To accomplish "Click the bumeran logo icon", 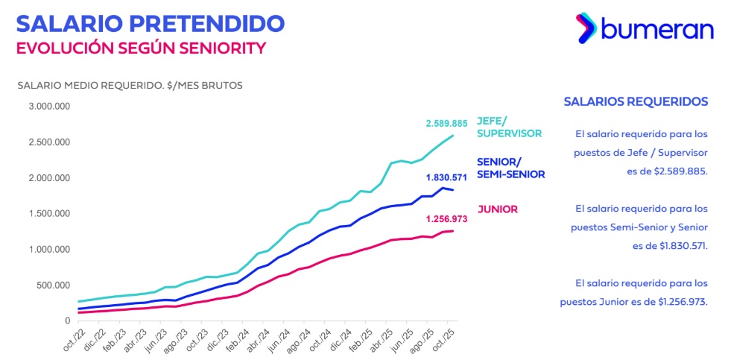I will [x=586, y=29].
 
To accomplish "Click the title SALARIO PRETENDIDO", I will [x=150, y=22].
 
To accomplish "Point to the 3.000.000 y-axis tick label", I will [x=49, y=107].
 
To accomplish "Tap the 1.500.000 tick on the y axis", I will [x=49, y=214].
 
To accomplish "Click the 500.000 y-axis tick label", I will [x=54, y=285].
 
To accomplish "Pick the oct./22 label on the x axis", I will [x=69, y=339].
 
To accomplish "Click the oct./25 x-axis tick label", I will [x=444, y=339].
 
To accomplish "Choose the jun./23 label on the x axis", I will [x=153, y=340].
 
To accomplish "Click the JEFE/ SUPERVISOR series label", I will [x=509, y=126].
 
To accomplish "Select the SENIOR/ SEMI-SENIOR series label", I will [x=510, y=168].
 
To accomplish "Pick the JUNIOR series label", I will [x=497, y=209].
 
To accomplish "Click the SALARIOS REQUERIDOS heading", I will [x=636, y=101].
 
